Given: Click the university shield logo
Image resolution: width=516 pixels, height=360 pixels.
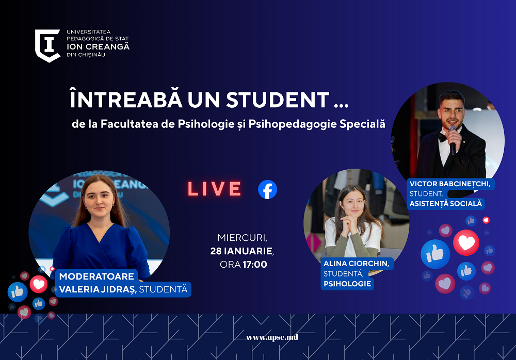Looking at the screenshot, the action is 47,46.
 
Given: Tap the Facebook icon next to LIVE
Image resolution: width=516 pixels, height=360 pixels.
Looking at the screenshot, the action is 267,190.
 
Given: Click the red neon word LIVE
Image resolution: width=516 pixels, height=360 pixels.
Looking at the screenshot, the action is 215,189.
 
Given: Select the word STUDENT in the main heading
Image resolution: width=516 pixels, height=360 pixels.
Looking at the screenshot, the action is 278,100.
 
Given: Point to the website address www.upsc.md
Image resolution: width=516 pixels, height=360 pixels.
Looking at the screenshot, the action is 272,337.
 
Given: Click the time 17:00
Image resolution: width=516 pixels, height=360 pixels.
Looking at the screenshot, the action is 255,265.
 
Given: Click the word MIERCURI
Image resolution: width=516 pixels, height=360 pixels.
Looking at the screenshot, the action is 241,238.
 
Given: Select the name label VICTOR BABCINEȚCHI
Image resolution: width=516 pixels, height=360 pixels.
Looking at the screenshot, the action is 450,184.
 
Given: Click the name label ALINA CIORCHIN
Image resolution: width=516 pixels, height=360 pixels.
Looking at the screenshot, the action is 356,263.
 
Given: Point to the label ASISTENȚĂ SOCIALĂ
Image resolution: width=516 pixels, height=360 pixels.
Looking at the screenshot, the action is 446,204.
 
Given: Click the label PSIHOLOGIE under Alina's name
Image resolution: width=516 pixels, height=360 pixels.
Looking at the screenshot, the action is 347,284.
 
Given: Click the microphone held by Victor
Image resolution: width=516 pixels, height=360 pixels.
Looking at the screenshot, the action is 453,140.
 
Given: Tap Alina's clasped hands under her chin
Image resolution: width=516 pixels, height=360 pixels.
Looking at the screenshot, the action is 350,221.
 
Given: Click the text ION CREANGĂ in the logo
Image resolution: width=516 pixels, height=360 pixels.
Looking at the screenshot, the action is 98,47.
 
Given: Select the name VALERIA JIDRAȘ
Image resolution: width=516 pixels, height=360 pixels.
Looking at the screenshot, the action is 98,289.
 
